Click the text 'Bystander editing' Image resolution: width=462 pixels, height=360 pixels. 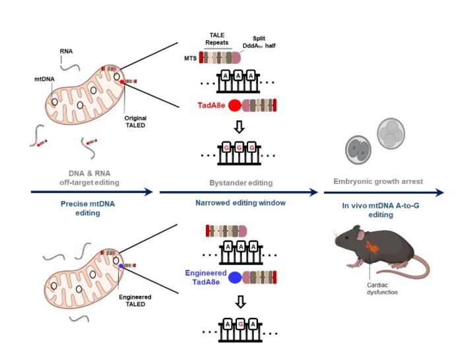coord(241,180)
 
